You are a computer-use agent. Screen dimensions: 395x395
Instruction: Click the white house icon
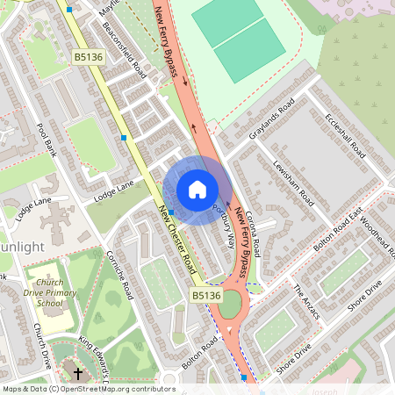point(197,190)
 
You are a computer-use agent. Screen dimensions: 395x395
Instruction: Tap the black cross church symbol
point(77,374)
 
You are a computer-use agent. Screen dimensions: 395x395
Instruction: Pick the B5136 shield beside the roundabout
point(206,296)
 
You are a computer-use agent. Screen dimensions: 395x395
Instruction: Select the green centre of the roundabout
point(230,305)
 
